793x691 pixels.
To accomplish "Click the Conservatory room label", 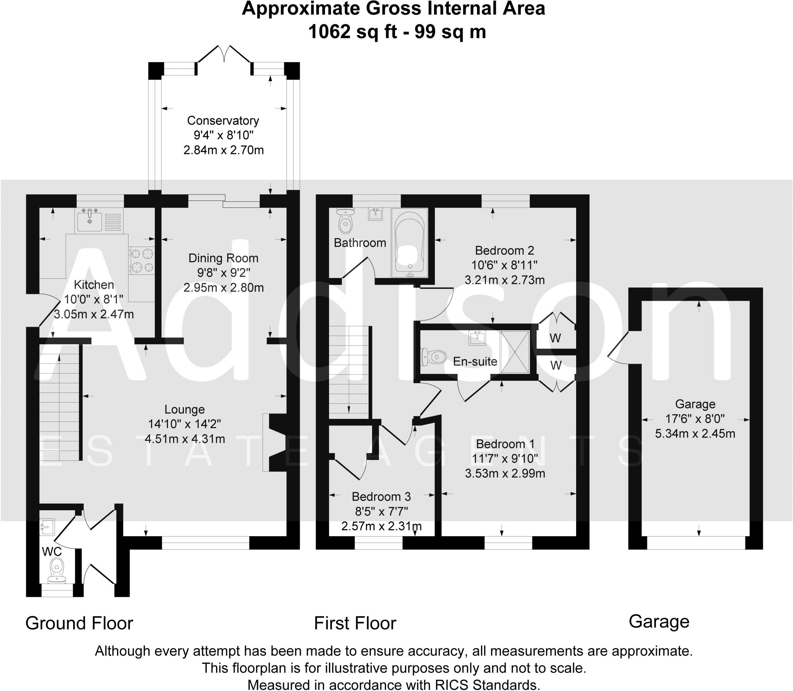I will point(223,121).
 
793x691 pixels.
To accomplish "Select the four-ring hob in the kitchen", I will point(142,261).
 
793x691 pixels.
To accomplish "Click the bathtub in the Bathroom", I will point(409,243).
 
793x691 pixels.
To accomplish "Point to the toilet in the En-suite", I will point(433,356).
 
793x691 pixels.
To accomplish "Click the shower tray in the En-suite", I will point(515,352).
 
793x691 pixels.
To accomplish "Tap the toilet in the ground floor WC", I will point(57,570).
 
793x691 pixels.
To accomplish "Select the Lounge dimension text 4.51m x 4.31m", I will point(185,439).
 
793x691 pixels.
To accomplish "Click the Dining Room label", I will point(223,258).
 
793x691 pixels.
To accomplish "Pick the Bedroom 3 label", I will point(381,497).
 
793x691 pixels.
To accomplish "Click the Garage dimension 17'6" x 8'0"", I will point(695,419).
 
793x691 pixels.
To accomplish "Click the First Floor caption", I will point(355,624).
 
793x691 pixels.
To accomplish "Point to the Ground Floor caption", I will point(79,624).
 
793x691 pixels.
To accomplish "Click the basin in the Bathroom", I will point(374,214).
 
